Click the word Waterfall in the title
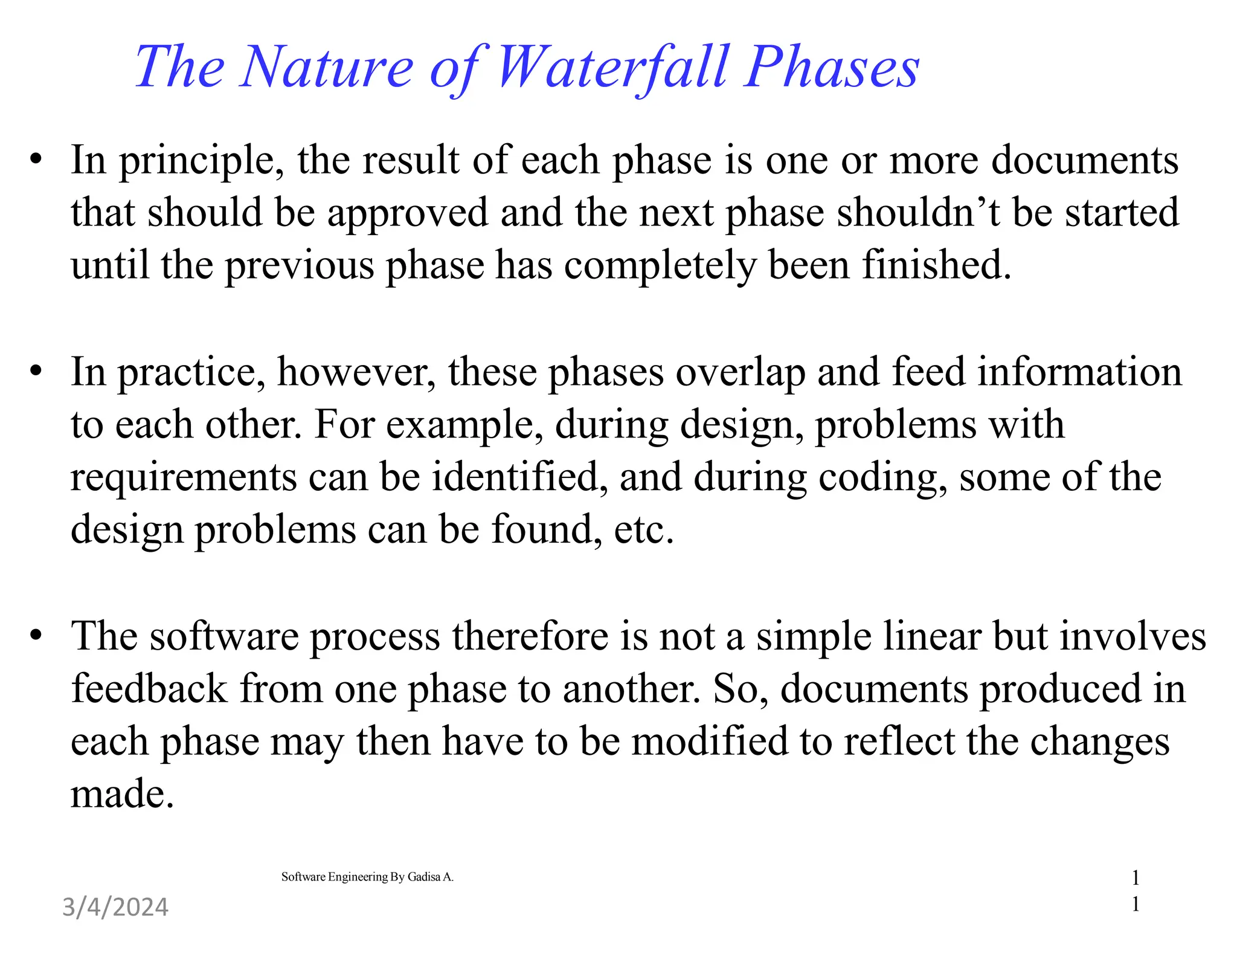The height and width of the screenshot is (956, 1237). click(613, 68)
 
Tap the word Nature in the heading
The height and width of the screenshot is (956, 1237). click(326, 68)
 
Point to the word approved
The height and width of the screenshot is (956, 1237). click(407, 214)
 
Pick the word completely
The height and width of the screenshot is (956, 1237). click(660, 266)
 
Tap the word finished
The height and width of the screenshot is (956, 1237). click(936, 265)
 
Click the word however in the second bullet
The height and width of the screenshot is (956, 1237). click(356, 373)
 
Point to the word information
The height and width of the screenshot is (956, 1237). click(1079, 373)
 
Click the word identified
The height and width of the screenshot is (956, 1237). click(519, 477)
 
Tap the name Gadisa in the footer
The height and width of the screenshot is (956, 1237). click(423, 877)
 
